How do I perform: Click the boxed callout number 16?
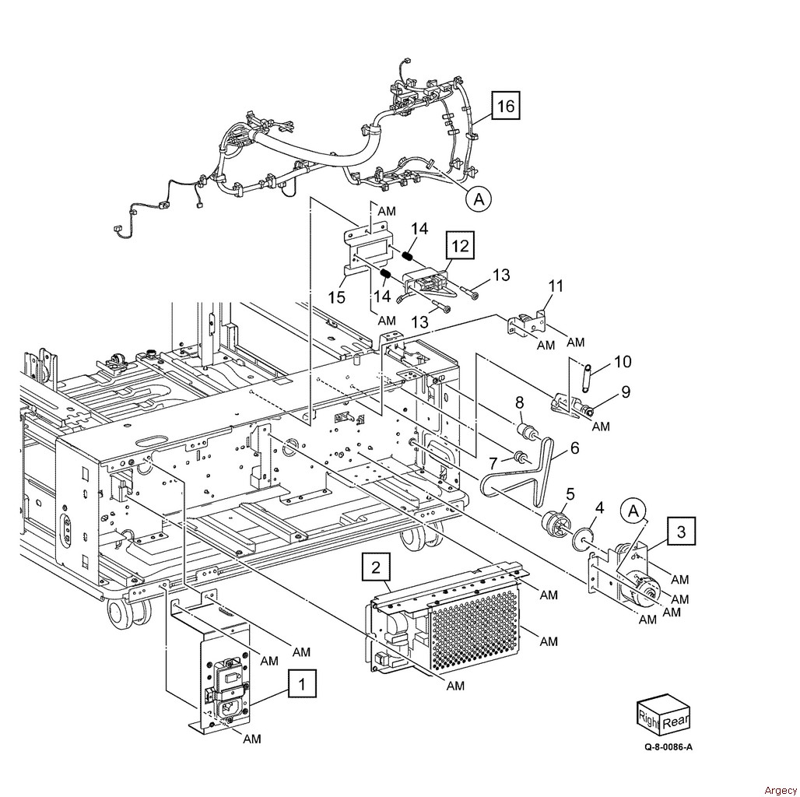click(x=506, y=106)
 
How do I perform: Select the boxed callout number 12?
click(x=460, y=246)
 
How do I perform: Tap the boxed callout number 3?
click(x=682, y=532)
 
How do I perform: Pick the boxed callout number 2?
click(x=376, y=567)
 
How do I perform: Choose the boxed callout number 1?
click(x=302, y=683)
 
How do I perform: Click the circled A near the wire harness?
click(x=479, y=198)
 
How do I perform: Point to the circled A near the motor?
click(x=633, y=511)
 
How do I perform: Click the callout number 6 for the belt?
click(x=575, y=448)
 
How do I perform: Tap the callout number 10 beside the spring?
click(x=623, y=362)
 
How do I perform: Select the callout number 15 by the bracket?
click(x=337, y=297)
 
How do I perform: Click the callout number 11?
click(x=556, y=286)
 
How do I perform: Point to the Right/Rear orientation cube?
click(x=663, y=712)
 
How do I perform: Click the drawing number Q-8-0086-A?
click(x=668, y=747)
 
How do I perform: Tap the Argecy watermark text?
click(x=780, y=790)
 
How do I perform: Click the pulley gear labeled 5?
click(x=553, y=521)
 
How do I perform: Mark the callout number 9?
click(x=626, y=391)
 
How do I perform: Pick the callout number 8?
click(x=519, y=402)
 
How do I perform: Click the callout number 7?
click(x=493, y=464)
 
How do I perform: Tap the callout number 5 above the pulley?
click(x=570, y=494)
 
